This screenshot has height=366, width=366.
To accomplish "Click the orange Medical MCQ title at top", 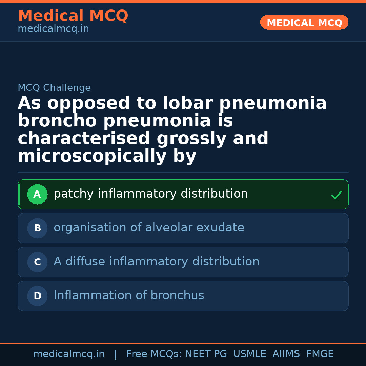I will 73,16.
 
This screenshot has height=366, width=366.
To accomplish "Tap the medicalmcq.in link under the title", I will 53,29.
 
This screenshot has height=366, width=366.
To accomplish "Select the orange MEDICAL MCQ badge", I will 304,23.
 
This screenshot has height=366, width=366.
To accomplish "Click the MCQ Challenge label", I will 54,88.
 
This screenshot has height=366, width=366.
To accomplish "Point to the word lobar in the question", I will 188,103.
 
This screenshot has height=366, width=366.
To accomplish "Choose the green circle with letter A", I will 37,195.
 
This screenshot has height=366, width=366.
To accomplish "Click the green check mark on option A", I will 336,195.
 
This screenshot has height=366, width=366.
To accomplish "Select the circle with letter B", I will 37,228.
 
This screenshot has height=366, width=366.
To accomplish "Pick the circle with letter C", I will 37,262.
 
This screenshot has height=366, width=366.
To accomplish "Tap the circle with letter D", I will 37,296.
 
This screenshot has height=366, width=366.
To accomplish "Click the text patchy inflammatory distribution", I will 151,194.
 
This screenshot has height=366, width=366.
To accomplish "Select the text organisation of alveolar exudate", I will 149,228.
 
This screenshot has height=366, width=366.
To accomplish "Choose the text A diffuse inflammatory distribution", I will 156,262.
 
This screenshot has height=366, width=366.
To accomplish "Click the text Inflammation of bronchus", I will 129,296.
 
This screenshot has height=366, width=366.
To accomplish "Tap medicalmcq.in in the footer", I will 69,354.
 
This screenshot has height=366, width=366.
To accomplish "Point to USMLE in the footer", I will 250,354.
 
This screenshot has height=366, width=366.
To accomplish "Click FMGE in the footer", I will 320,354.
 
